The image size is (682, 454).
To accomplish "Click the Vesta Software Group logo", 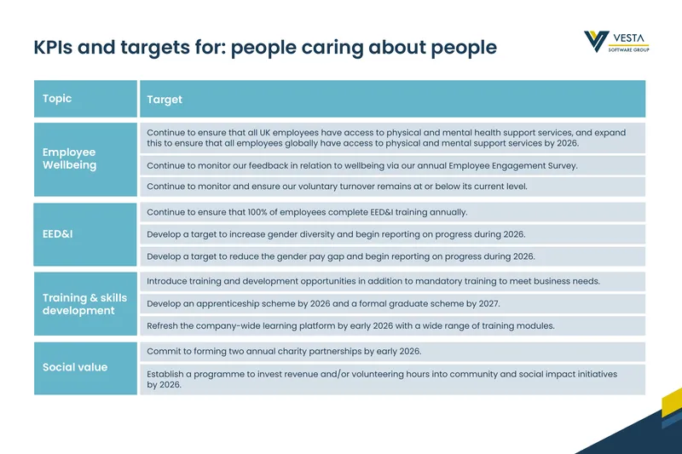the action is point(616,42).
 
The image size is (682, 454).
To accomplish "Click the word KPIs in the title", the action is point(53,47).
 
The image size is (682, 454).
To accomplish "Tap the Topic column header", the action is point(57,99).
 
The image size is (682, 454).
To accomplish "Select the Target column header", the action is point(165,100).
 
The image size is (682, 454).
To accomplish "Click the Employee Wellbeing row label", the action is point(70,158).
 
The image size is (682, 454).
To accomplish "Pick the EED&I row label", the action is point(57,234).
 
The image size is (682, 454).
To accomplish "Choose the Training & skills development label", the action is point(84,304).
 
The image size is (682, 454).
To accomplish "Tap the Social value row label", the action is point(75,367).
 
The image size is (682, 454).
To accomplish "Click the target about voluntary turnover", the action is point(337,187).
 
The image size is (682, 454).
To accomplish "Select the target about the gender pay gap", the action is point(341,256).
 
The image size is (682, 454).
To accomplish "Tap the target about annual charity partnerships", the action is point(284,351).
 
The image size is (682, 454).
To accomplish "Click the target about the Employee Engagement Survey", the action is point(362,165).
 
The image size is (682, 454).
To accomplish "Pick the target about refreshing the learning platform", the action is point(350,326).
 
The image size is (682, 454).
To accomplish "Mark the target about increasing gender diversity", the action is point(336,234).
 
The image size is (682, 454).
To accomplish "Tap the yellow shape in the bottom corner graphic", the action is point(672,403).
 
